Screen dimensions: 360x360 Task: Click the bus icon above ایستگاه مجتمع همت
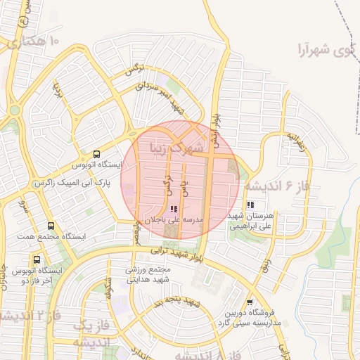51,226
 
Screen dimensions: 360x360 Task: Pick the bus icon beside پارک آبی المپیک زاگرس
96,154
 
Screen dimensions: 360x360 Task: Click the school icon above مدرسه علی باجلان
174,209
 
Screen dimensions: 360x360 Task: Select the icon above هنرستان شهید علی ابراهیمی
250,204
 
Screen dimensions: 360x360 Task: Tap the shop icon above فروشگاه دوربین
249,302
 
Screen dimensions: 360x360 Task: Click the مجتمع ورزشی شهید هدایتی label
148,274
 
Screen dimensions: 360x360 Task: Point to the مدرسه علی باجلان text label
174,220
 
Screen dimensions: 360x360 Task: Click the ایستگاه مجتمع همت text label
50,237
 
